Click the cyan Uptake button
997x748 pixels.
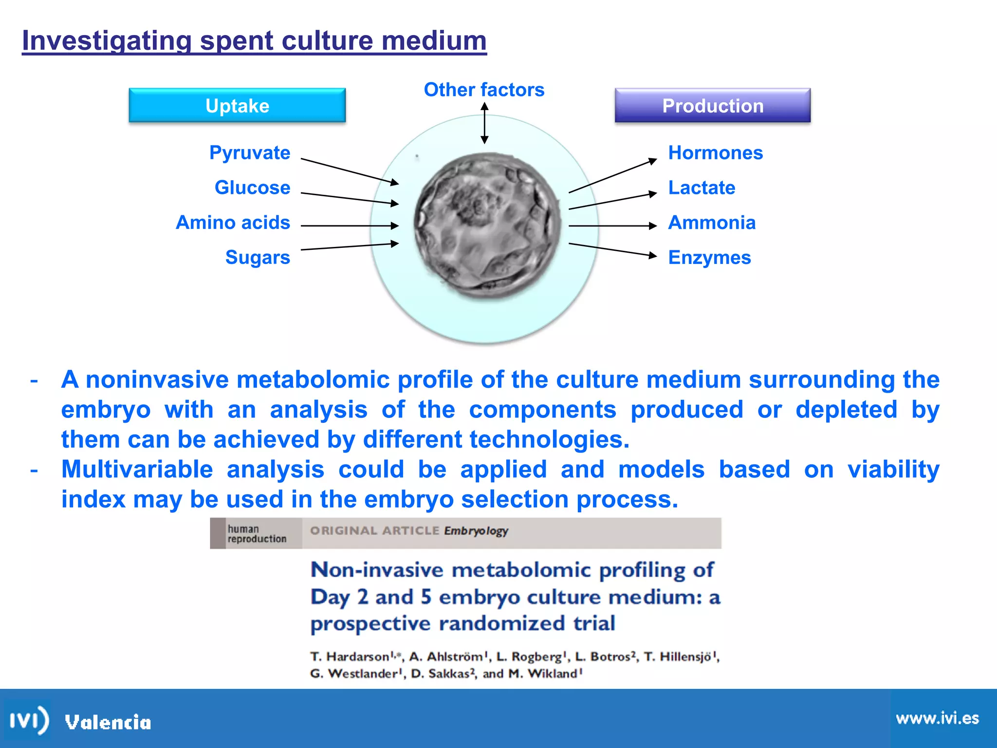tap(237, 106)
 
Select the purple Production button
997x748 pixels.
tap(713, 106)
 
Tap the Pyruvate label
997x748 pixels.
tap(250, 153)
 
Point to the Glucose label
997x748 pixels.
tap(252, 187)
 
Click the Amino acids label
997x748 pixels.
tap(233, 223)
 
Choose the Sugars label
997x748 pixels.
tap(258, 257)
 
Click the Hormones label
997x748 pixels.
tap(715, 153)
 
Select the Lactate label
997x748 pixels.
tap(702, 187)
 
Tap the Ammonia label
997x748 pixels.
tap(712, 223)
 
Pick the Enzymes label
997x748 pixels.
tap(709, 257)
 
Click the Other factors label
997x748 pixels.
tap(484, 90)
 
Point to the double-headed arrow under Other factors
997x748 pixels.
tap(484, 123)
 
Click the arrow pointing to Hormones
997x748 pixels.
tap(612, 176)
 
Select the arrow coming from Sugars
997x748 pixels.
tap(350, 246)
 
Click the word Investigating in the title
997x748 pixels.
tap(107, 40)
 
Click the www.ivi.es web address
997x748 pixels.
tap(937, 718)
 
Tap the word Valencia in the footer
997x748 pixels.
tap(108, 722)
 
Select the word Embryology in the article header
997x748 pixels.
tap(476, 531)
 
